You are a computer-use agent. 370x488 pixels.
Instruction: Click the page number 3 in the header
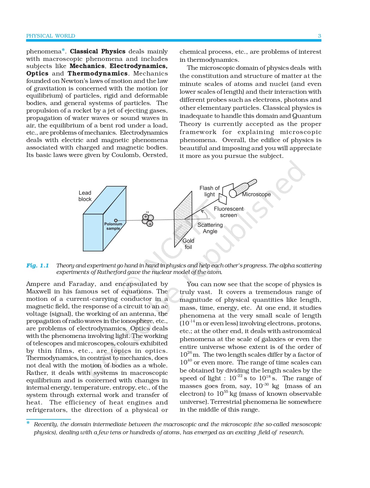(x=319, y=36)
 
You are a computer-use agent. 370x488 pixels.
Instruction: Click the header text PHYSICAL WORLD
(x=51, y=36)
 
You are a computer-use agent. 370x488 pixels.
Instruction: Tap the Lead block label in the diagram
(x=85, y=196)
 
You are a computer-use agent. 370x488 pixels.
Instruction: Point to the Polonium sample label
(x=113, y=226)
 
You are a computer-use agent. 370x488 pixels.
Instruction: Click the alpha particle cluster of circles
(x=148, y=220)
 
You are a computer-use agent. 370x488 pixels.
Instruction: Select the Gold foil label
(x=188, y=244)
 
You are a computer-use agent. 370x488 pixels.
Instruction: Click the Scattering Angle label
(x=210, y=228)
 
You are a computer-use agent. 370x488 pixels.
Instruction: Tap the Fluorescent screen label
(x=229, y=212)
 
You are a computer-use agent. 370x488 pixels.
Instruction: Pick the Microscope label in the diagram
(x=256, y=194)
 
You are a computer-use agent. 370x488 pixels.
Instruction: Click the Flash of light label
(x=209, y=191)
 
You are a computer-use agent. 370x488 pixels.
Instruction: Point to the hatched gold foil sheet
(x=183, y=219)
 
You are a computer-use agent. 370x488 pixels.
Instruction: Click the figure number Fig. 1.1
(x=37, y=265)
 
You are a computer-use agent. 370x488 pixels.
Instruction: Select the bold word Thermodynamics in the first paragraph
(x=97, y=73)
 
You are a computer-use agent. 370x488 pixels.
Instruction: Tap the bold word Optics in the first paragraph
(x=37, y=73)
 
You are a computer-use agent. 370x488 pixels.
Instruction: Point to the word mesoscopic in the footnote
(x=306, y=424)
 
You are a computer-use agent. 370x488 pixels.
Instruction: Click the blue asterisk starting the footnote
(x=28, y=423)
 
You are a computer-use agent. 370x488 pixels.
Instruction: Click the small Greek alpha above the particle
(x=147, y=212)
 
